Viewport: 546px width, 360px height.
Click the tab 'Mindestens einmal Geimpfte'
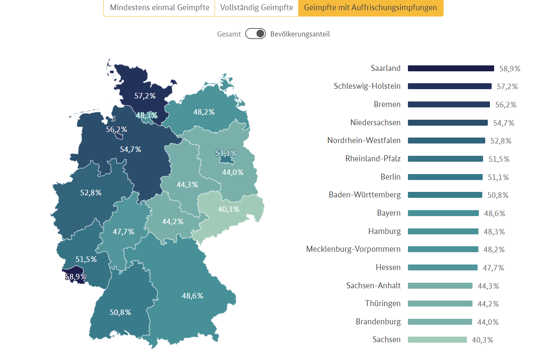[159, 8]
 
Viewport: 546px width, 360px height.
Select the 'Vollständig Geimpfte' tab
[257, 8]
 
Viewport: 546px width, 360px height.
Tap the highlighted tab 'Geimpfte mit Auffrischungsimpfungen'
[371, 8]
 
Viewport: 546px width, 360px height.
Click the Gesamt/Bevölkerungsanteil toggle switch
[255, 34]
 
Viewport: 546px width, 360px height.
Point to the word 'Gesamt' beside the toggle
[229, 34]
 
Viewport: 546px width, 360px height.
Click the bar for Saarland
[451, 68]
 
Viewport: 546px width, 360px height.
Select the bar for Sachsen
[437, 340]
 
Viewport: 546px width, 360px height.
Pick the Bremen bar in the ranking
[449, 104]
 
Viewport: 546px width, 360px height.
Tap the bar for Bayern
[443, 213]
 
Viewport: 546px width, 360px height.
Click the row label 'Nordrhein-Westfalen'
[364, 141]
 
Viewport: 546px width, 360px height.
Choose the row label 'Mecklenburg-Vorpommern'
[353, 249]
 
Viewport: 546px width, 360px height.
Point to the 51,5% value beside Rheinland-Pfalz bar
[499, 159]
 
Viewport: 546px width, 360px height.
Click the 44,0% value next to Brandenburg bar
[488, 322]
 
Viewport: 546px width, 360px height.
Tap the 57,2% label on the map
[145, 96]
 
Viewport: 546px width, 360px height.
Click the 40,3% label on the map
[229, 209]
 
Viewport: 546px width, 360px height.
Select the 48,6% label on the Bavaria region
[192, 296]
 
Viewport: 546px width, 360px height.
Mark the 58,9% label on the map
[76, 277]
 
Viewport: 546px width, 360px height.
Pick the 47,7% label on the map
[124, 232]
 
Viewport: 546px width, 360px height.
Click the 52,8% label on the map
[91, 193]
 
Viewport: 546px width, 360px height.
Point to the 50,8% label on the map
[120, 312]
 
